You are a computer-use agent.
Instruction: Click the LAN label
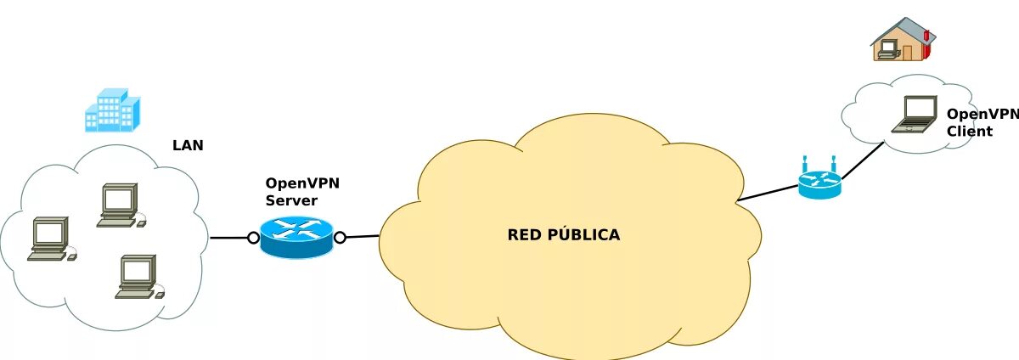[x=188, y=145]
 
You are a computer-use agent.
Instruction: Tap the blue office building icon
[x=111, y=110]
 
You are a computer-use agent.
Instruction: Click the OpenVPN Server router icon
[x=297, y=236]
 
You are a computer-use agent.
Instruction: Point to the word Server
[x=291, y=200]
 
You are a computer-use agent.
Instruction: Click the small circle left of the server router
[x=253, y=238]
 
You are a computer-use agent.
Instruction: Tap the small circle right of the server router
[x=341, y=238]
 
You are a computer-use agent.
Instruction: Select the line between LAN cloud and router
[x=229, y=238]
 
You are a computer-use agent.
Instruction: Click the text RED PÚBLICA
[x=564, y=234]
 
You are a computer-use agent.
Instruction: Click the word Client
[x=969, y=132]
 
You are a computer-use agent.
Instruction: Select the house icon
[x=903, y=40]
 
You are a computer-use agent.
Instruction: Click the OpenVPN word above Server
[x=303, y=183]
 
